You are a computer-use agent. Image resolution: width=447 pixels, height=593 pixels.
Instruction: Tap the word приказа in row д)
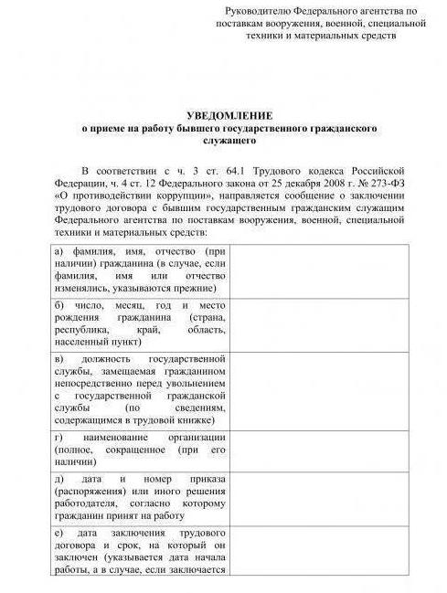[x=203, y=480]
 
